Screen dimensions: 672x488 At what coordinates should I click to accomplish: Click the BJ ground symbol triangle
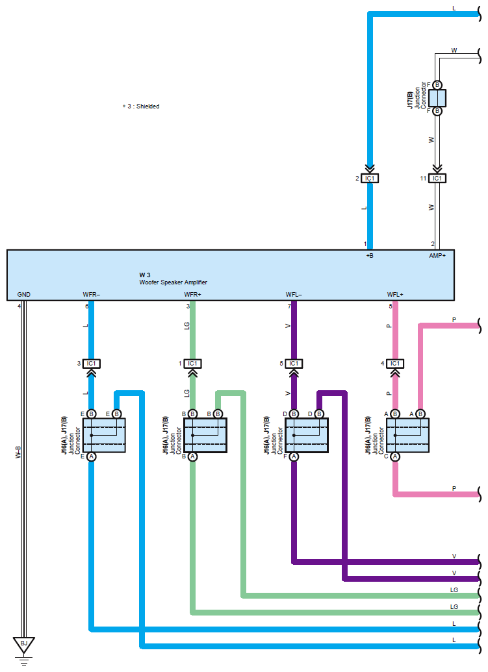pos(24,644)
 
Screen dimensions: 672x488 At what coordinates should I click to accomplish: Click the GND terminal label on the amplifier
pos(24,295)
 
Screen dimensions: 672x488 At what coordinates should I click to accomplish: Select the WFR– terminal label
pos(92,295)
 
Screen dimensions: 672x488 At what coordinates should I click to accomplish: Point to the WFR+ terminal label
pos(193,295)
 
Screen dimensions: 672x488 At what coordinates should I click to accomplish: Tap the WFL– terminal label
pos(294,295)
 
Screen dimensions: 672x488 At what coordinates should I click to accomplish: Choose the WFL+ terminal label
pos(395,295)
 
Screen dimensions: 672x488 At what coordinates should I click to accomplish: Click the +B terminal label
pos(370,256)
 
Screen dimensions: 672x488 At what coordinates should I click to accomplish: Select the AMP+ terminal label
pos(438,256)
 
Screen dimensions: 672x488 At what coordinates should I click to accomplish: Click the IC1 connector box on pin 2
pos(370,178)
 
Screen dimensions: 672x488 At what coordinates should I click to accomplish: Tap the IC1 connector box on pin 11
pos(437,178)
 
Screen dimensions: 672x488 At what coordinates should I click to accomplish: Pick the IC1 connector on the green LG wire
pos(192,363)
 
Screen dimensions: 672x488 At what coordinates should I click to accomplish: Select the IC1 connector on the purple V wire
pos(294,363)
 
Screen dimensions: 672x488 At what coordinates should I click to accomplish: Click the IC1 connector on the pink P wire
pos(395,363)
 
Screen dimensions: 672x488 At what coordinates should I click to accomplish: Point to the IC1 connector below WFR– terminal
pos(92,363)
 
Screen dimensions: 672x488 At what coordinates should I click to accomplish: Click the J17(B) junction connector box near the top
pos(437,98)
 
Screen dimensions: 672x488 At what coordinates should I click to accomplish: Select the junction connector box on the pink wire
pos(408,435)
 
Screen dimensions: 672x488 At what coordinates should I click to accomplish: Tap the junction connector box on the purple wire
pos(307,435)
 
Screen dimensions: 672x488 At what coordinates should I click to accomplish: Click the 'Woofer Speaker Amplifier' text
pos(173,282)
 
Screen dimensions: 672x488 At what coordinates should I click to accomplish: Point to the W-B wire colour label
pos(18,452)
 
